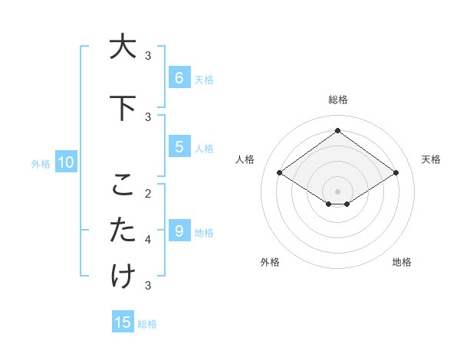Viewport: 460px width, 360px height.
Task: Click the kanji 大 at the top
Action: click(x=122, y=47)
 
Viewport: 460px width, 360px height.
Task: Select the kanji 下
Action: click(x=122, y=108)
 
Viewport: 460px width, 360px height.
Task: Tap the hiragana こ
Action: click(x=122, y=185)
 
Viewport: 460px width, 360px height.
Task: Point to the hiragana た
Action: click(x=122, y=230)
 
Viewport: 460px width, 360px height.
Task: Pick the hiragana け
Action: click(x=122, y=276)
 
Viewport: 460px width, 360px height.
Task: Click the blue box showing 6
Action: click(x=179, y=77)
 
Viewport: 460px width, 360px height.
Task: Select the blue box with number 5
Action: click(x=179, y=147)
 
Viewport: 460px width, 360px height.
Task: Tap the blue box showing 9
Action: click(x=179, y=231)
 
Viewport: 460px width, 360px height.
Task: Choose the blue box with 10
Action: click(x=65, y=162)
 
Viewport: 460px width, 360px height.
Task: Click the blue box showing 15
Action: click(x=123, y=322)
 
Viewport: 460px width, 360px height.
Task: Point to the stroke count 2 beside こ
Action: click(x=148, y=193)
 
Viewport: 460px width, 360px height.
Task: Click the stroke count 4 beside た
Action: click(x=148, y=240)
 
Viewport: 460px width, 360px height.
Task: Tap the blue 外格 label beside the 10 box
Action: click(x=40, y=163)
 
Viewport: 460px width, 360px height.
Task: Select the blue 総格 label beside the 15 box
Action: click(x=147, y=324)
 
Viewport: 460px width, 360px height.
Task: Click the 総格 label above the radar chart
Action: click(x=338, y=100)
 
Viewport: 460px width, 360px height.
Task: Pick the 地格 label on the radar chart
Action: click(x=402, y=262)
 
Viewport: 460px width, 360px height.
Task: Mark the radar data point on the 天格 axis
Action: click(x=396, y=173)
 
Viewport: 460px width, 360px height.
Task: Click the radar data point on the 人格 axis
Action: click(x=280, y=173)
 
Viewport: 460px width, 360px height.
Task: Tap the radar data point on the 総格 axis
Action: click(x=337, y=131)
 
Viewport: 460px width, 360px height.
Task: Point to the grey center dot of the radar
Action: click(x=337, y=191)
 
